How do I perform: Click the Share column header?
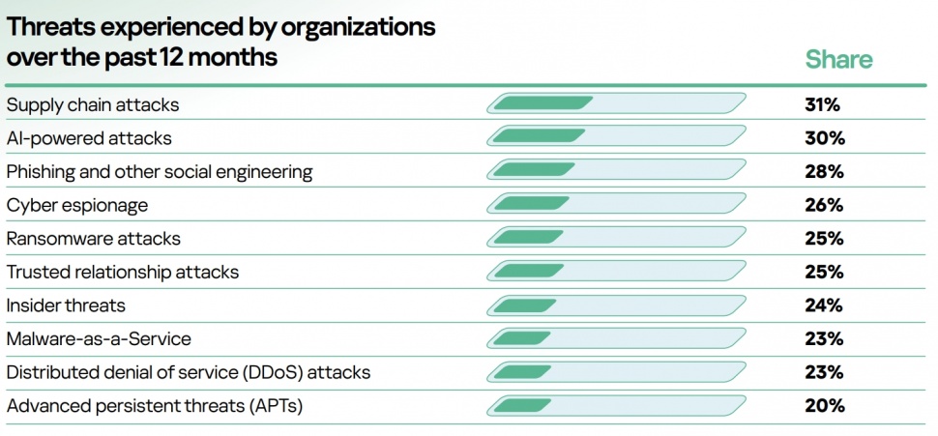838,60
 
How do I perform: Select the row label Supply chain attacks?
93,104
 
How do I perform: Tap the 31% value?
824,104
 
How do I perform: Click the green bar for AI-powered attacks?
538,137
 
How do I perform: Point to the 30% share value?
824,138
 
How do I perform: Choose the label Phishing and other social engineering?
160,172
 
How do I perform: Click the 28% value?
824,172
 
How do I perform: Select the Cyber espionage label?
76,205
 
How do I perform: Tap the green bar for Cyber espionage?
534,204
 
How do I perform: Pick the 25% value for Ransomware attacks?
824,239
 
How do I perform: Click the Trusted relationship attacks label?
123,273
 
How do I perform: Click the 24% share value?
824,305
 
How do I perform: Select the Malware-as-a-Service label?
99,339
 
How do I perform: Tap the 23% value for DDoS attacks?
824,372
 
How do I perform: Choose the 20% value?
824,406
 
